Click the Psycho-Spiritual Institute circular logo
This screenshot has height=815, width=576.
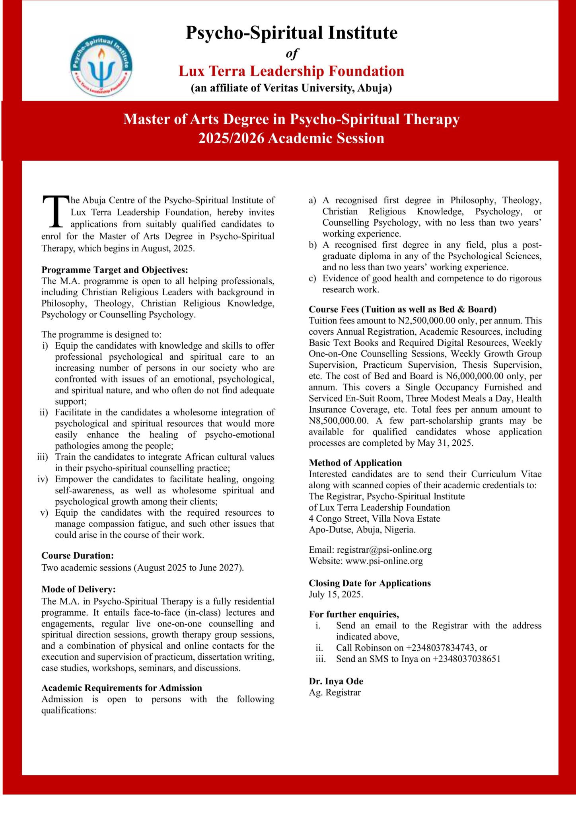click(x=101, y=66)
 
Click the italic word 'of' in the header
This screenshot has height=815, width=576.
click(x=292, y=53)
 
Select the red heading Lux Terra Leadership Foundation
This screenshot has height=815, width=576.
click(x=291, y=71)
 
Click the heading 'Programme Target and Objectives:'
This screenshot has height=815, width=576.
click(x=115, y=270)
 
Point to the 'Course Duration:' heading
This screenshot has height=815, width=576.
click(x=78, y=556)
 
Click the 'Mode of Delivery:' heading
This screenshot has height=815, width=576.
click(x=78, y=589)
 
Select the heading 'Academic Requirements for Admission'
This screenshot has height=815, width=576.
click(x=122, y=688)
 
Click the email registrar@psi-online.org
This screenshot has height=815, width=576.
click(x=384, y=550)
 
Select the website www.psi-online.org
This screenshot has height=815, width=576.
click(x=384, y=561)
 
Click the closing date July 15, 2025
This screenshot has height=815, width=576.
click(x=335, y=594)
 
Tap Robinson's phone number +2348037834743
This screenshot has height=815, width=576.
click(x=440, y=647)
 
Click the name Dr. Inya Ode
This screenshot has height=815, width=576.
click(x=336, y=681)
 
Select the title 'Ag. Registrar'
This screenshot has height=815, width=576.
click(x=335, y=692)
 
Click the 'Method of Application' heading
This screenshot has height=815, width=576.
click(x=355, y=463)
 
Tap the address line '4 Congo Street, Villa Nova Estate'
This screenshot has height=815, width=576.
click(x=374, y=519)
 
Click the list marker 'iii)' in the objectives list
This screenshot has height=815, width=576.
click(x=42, y=457)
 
